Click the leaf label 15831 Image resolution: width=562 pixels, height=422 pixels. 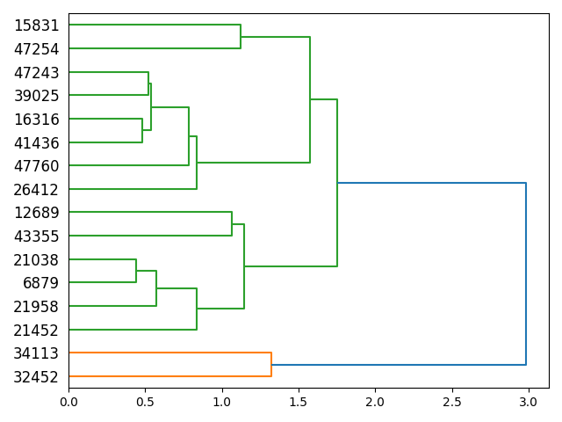tap(37, 25)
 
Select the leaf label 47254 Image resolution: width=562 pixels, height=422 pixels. tap(37, 49)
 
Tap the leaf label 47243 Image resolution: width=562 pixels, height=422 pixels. tap(37, 72)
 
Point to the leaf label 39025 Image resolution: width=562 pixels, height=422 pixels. tap(37, 96)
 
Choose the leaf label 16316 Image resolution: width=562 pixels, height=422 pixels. tap(37, 119)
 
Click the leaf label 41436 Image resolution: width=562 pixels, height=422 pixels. tap(37, 142)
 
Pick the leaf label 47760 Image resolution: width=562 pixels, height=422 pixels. tap(37, 166)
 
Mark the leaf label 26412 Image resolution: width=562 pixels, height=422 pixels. tap(37, 189)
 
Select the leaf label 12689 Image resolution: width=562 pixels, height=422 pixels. tap(37, 213)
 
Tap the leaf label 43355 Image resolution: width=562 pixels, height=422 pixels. tap(37, 236)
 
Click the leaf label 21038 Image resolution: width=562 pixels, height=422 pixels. tap(37, 259)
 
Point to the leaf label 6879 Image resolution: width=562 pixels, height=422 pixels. tap(41, 283)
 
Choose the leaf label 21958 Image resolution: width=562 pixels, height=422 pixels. tap(37, 307)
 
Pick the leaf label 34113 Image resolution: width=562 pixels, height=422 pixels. tap(37, 353)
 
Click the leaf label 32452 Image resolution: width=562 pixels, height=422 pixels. tap(37, 377)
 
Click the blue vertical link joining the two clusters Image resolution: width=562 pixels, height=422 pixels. tap(526, 273)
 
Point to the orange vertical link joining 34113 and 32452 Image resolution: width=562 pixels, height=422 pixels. tap(271, 365)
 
